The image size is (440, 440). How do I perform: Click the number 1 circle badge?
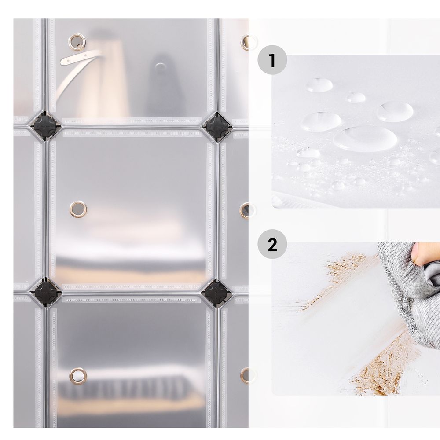(x=272, y=60)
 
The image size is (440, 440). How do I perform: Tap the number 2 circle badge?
(x=272, y=244)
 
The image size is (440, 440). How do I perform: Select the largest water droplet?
(x=365, y=138)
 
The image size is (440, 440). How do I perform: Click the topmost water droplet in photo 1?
(x=319, y=85)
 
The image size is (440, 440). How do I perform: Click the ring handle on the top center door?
(x=77, y=42)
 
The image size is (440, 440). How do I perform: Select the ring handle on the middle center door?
(x=78, y=209)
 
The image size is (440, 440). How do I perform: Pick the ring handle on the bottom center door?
(x=78, y=376)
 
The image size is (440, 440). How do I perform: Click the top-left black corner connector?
(x=45, y=126)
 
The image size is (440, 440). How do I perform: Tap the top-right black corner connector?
(x=217, y=127)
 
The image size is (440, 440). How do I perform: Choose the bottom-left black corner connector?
(x=45, y=292)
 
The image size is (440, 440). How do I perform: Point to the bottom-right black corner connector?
(x=216, y=292)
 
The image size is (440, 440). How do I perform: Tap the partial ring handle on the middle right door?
(x=245, y=210)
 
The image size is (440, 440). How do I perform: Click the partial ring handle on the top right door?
(x=246, y=42)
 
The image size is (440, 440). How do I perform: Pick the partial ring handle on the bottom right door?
(x=245, y=375)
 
